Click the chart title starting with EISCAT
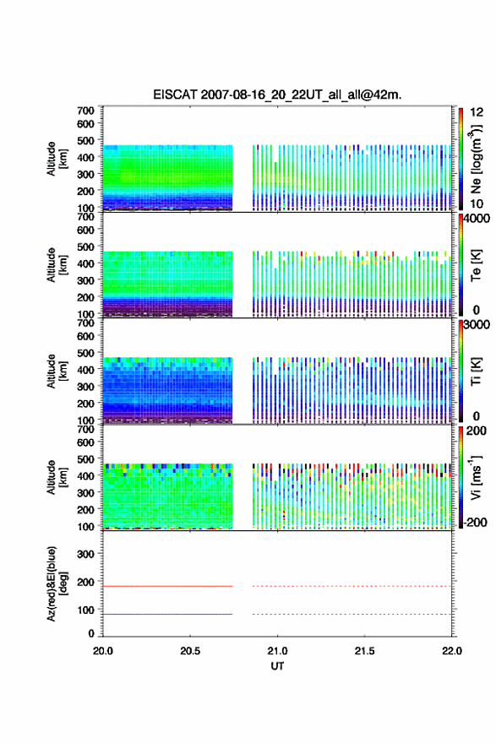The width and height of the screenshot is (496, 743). click(277, 95)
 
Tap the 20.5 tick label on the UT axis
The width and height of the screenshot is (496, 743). click(189, 651)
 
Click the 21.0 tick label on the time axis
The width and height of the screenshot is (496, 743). click(277, 651)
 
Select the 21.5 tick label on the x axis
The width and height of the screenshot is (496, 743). click(364, 651)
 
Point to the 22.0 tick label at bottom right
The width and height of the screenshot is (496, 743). click(451, 651)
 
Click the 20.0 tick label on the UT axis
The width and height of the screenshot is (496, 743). click(103, 651)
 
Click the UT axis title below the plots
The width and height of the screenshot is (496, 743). click(277, 666)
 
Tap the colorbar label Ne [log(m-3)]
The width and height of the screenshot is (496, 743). click(476, 160)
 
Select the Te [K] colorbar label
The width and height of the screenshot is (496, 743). click(476, 265)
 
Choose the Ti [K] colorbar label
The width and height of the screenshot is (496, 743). click(476, 371)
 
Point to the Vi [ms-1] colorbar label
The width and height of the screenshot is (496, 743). click(476, 477)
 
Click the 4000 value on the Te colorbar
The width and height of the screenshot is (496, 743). click(477, 219)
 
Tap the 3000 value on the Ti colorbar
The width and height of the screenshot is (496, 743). click(477, 324)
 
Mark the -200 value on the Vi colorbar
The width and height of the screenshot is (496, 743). click(475, 522)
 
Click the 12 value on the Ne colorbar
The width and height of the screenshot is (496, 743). click(477, 112)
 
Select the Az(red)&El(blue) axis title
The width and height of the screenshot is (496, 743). click(57, 583)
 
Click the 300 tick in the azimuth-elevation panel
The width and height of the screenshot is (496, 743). click(86, 554)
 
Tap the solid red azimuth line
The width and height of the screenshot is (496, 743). click(168, 586)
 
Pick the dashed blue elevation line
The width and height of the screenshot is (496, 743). click(352, 614)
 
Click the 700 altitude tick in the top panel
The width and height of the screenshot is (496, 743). click(86, 111)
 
